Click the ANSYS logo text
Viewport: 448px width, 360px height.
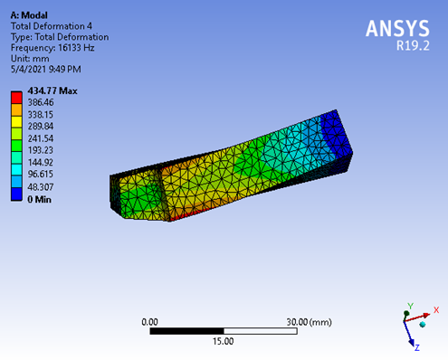point(397,28)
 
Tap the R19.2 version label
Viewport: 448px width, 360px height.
point(413,46)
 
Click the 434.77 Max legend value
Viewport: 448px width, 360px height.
point(52,90)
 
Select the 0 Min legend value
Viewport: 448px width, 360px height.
point(39,199)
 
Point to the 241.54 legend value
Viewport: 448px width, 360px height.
point(41,138)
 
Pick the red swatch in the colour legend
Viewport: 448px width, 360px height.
point(16,98)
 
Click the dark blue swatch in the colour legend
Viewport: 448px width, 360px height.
point(16,194)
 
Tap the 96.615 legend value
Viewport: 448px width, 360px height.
point(41,174)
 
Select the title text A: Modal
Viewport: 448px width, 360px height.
point(29,15)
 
